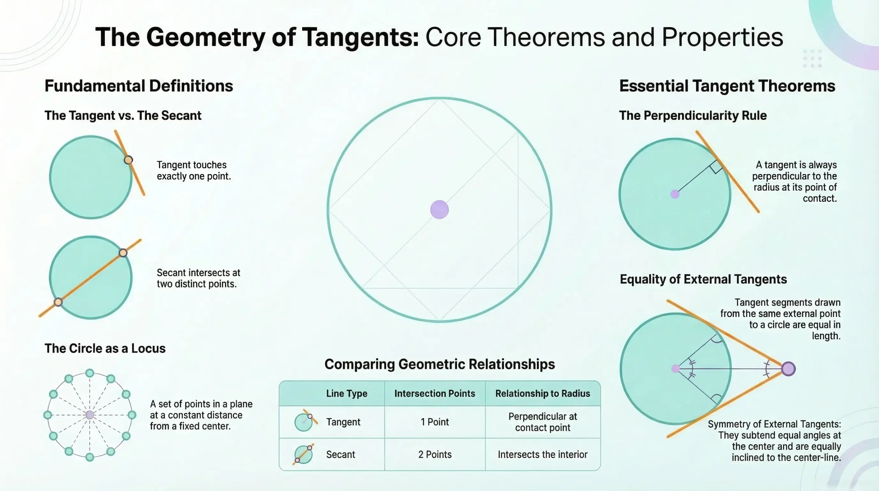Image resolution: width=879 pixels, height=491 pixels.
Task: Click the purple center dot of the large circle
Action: coord(439,210)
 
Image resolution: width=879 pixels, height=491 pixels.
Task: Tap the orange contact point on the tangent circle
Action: coord(128,160)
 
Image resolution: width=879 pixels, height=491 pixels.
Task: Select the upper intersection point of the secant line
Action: coord(123,253)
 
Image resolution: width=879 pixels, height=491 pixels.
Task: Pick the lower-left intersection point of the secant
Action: coord(58,302)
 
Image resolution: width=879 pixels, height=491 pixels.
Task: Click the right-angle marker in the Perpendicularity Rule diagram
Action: coord(716,167)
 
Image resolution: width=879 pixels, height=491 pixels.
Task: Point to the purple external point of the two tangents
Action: coord(788,369)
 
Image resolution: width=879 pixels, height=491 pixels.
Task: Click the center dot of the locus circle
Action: coord(90,415)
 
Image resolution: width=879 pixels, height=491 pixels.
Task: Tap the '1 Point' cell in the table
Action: coord(435,422)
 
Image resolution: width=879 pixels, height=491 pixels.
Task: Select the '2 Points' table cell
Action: coord(435,454)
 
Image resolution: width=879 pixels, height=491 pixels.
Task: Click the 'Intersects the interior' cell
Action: coord(543,454)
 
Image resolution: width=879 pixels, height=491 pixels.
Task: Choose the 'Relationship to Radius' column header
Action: coord(543,393)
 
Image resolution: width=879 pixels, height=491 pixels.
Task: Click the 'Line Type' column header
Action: coord(346,393)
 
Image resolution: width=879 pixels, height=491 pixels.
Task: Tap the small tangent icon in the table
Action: coord(305,421)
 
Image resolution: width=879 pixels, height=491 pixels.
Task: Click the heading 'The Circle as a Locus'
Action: coord(105,348)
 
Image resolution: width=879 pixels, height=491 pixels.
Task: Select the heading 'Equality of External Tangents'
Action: coord(703,279)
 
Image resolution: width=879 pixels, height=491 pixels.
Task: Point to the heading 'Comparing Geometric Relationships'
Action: coord(439,364)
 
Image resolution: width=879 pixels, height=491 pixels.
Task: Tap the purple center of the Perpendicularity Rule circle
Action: coord(675,194)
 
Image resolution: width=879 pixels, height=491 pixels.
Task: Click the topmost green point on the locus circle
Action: coord(90,373)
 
